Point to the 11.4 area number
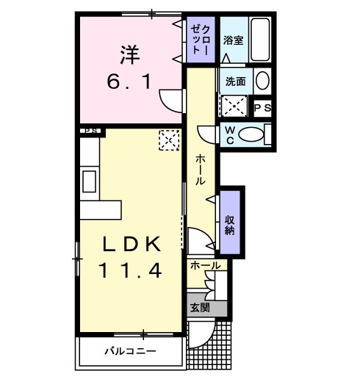pyautogui.click(x=132, y=270)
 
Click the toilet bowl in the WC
pyautogui.click(x=253, y=134)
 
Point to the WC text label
pyautogui.click(x=228, y=134)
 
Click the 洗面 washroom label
pyautogui.click(x=235, y=81)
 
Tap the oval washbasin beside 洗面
pyautogui.click(x=263, y=81)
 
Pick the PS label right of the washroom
pyautogui.click(x=262, y=108)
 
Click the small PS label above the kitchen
pyautogui.click(x=90, y=131)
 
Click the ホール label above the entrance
pyautogui.click(x=204, y=265)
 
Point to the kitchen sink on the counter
pyautogui.click(x=89, y=180)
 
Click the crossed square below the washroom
pyautogui.click(x=236, y=107)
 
